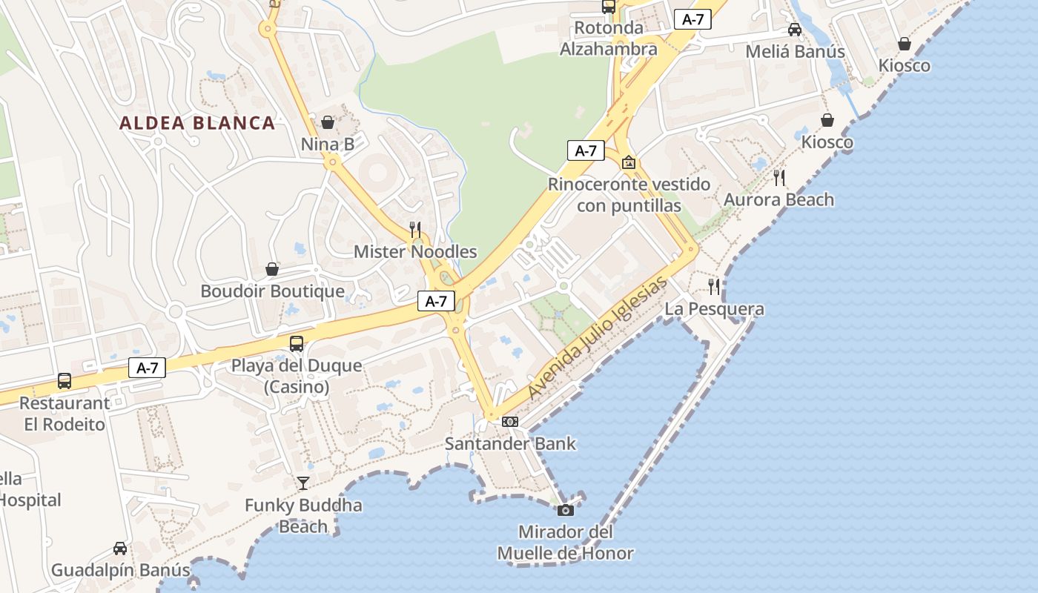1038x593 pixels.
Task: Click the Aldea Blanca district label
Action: pyautogui.click(x=197, y=123)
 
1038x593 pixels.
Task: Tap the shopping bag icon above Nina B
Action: pyautogui.click(x=328, y=122)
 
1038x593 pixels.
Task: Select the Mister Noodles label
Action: pyautogui.click(x=415, y=251)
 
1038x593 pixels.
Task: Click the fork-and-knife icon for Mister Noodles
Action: pyautogui.click(x=415, y=229)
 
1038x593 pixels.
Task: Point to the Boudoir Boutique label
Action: pyautogui.click(x=272, y=291)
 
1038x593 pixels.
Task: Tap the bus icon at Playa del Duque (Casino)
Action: pyautogui.click(x=297, y=343)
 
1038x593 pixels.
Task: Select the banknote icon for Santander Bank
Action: pyautogui.click(x=510, y=422)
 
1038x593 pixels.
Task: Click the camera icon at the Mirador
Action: pyautogui.click(x=565, y=510)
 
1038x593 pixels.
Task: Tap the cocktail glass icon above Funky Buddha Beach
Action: pyautogui.click(x=303, y=483)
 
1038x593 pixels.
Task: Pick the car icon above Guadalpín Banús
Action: pyautogui.click(x=120, y=549)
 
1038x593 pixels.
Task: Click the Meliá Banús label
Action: pyautogui.click(x=795, y=52)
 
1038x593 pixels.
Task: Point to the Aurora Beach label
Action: pyautogui.click(x=778, y=199)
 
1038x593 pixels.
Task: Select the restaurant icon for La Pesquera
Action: pyautogui.click(x=714, y=286)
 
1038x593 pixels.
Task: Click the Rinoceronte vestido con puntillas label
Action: pyautogui.click(x=629, y=195)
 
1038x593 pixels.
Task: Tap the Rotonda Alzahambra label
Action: pyautogui.click(x=608, y=39)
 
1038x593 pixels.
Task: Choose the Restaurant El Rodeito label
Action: pyautogui.click(x=65, y=414)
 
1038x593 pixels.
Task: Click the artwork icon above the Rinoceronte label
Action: pyautogui.click(x=629, y=162)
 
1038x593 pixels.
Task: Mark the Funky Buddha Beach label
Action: pyautogui.click(x=303, y=516)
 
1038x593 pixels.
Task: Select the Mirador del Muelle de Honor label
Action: pyautogui.click(x=565, y=543)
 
